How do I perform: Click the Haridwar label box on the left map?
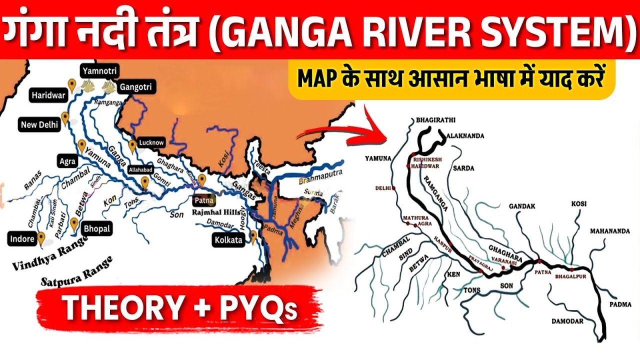click(x=49, y=94)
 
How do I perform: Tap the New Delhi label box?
click(x=39, y=124)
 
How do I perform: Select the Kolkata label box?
click(x=228, y=239)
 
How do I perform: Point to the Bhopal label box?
click(x=97, y=228)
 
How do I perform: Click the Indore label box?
click(x=22, y=238)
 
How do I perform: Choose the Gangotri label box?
click(x=134, y=87)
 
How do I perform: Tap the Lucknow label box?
click(x=151, y=142)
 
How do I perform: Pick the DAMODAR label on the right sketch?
click(x=566, y=321)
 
